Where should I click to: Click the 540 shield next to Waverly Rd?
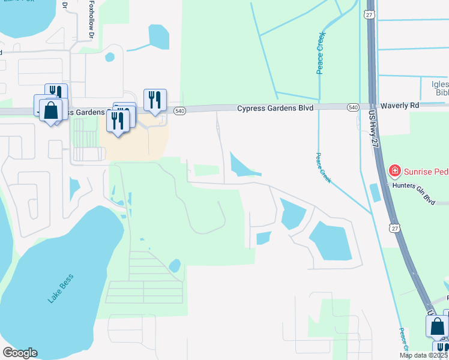pyautogui.click(x=353, y=107)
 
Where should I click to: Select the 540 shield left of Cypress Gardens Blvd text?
pyautogui.click(x=180, y=110)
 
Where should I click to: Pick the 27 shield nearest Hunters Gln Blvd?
pyautogui.click(x=393, y=228)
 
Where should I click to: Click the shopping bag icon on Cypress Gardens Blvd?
pyautogui.click(x=51, y=110)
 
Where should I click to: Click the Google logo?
pyautogui.click(x=20, y=353)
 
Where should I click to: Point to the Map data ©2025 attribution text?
pyautogui.click(x=424, y=355)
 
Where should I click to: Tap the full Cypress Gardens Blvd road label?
pyautogui.click(x=276, y=109)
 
